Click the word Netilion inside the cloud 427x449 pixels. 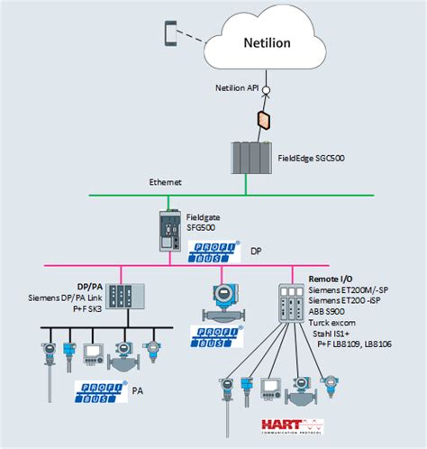(x=268, y=41)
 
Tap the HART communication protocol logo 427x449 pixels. (x=290, y=426)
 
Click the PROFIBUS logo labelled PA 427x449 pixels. (x=99, y=391)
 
